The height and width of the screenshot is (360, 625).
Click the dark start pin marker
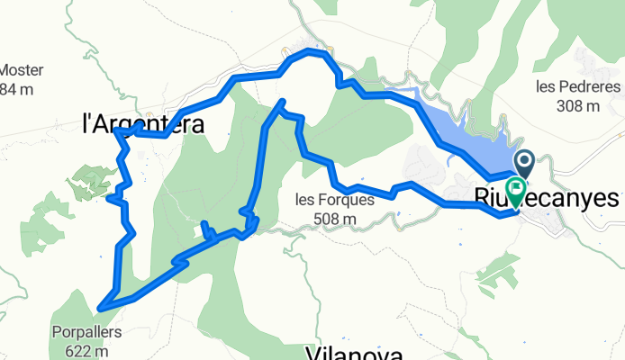point(524,163)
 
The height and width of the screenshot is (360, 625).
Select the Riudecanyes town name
point(548,198)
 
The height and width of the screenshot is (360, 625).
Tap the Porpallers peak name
point(86,330)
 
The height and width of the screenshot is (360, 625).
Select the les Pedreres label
point(578,87)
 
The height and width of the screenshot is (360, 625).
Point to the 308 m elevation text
point(578,105)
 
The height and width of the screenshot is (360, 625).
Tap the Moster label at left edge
point(21,70)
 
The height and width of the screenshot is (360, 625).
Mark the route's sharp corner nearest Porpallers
point(100,308)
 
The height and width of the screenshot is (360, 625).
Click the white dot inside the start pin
point(524,159)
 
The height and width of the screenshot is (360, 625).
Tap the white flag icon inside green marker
point(517,188)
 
